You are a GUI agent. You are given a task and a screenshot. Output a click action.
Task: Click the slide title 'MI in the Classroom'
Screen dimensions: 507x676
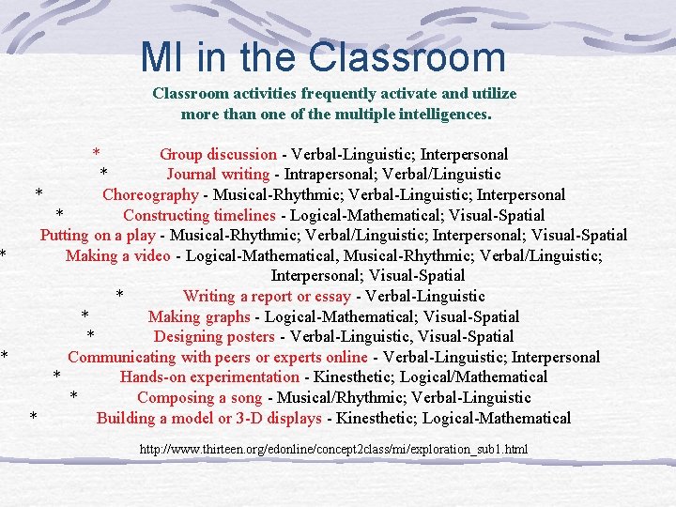click(323, 57)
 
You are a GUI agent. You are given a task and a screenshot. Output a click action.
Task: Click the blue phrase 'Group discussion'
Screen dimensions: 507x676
click(218, 154)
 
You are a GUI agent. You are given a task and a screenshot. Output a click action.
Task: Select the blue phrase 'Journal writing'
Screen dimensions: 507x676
click(219, 175)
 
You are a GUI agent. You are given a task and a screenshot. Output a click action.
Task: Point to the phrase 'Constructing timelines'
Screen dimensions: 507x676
click(200, 215)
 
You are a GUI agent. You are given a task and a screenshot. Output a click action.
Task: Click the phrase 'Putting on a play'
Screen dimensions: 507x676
click(98, 235)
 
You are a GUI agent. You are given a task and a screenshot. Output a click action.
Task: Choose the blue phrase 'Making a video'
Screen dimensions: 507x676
click(118, 255)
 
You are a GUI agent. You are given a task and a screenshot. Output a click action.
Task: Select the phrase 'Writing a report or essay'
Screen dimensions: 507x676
click(267, 297)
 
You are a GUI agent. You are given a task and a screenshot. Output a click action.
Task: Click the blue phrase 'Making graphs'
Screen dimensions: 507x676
click(199, 316)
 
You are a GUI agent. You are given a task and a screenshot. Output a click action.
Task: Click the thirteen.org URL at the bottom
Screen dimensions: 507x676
click(333, 450)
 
